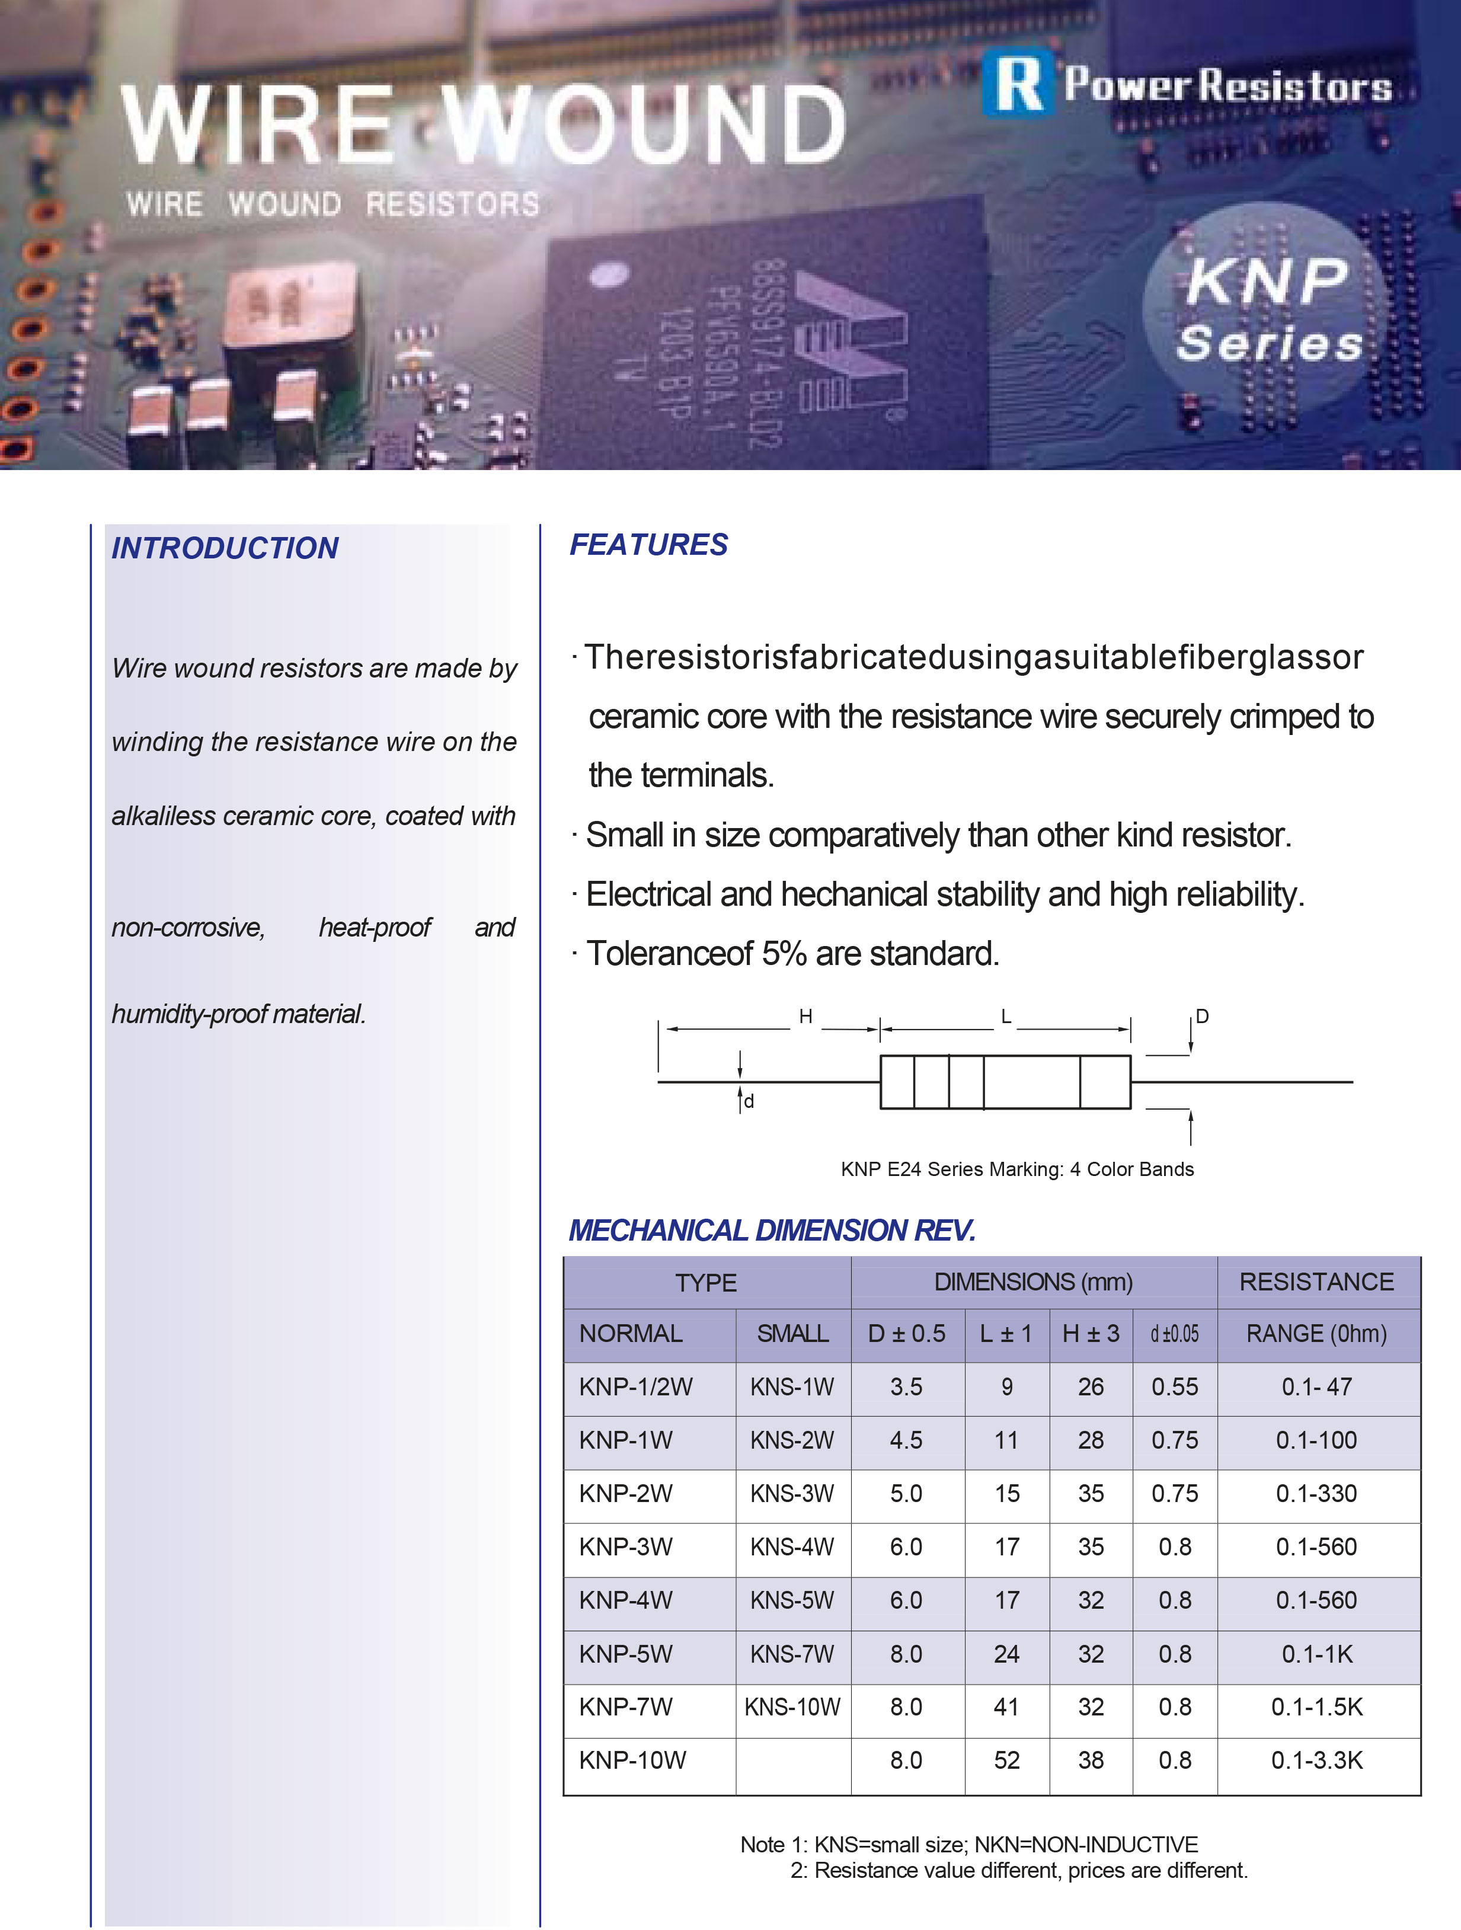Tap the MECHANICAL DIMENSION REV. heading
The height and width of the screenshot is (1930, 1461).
771,1230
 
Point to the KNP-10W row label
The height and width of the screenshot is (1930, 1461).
632,1760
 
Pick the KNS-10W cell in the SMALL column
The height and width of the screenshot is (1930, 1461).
792,1707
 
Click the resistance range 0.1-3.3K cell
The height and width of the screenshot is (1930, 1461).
1316,1760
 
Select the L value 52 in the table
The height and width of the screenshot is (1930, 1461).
1006,1760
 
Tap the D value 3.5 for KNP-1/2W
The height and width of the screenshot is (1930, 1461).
906,1386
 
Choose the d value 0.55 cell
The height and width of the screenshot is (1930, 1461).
1174,1386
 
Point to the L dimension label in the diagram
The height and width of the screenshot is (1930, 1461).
1006,1017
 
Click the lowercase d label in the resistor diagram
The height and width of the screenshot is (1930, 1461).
749,1101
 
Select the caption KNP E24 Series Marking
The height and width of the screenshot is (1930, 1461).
1017,1169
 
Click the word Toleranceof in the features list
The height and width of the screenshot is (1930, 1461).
669,954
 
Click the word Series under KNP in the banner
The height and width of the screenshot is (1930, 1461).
1269,343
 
